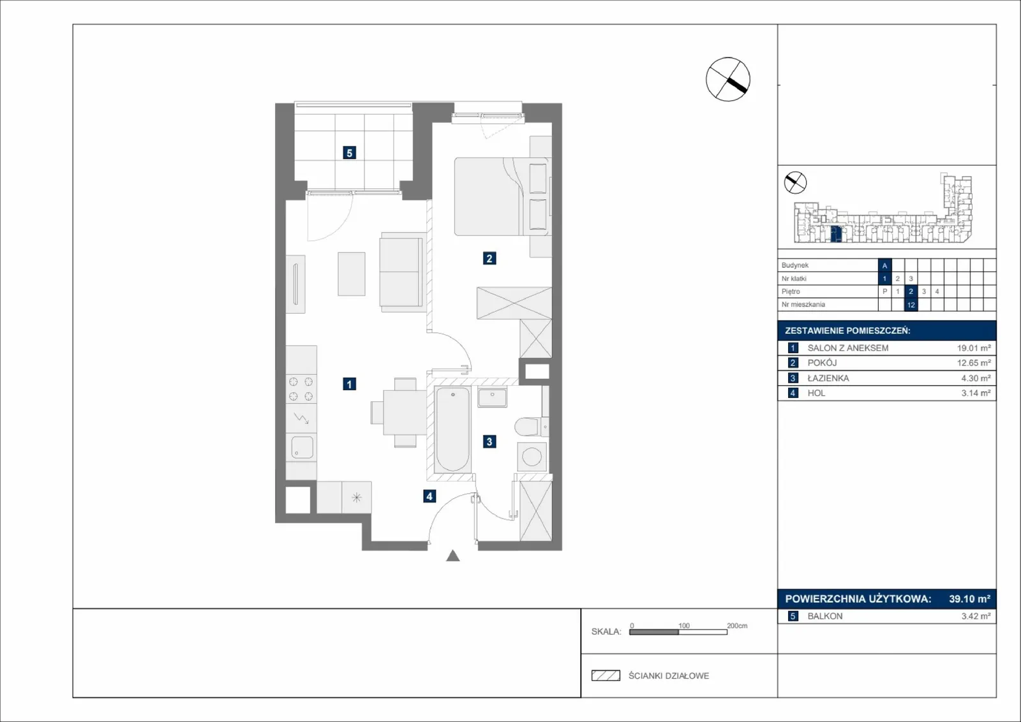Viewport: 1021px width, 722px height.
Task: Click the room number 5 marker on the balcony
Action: tap(349, 152)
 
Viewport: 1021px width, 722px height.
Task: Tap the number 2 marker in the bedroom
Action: tap(489, 258)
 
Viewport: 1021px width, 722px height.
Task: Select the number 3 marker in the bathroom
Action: tap(489, 441)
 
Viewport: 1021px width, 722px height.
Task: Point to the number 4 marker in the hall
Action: tap(429, 496)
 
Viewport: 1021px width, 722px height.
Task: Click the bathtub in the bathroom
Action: tap(452, 429)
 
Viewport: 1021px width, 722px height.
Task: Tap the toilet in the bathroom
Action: tap(531, 427)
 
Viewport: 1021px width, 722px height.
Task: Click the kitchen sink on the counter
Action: tap(302, 447)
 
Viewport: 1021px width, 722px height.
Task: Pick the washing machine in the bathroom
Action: tap(532, 457)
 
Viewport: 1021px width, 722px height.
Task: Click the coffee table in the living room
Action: tap(352, 274)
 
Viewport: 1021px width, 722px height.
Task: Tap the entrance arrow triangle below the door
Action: tap(452, 556)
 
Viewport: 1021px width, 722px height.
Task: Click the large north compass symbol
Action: tap(728, 79)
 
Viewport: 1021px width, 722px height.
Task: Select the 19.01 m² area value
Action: tap(974, 348)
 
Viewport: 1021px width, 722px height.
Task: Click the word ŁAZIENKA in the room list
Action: tap(828, 378)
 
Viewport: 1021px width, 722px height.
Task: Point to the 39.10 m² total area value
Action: tap(970, 598)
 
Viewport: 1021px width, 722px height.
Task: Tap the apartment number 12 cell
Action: tap(911, 305)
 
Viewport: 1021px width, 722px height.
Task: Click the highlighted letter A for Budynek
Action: tap(884, 265)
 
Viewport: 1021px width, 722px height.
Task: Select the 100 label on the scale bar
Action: tap(683, 626)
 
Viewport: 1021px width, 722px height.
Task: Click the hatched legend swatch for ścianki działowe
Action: tap(606, 675)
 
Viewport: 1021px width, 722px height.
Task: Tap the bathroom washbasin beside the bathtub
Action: tap(492, 397)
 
